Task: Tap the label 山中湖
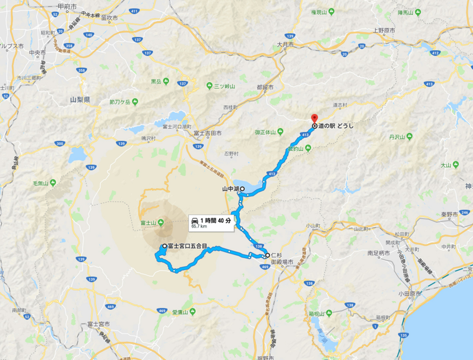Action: [229, 189]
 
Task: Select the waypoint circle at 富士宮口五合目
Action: [164, 246]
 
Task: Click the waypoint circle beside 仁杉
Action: [267, 255]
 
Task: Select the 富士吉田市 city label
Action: [206, 133]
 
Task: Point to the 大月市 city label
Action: [285, 44]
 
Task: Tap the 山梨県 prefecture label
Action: [79, 99]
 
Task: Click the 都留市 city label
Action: [265, 87]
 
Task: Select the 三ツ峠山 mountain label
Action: [225, 86]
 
